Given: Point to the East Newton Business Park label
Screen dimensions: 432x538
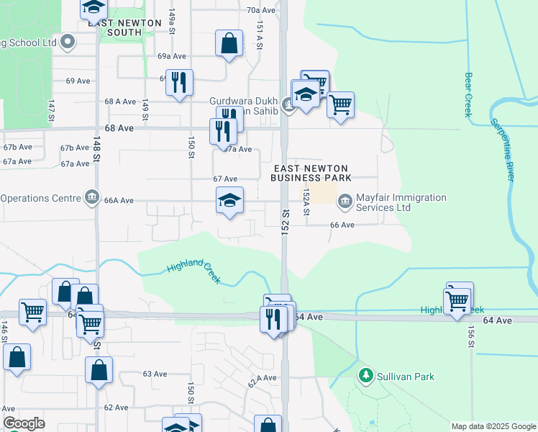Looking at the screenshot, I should [x=311, y=172].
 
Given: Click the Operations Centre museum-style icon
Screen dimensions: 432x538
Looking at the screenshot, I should [x=92, y=197].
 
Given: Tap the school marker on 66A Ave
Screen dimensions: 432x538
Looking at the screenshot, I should [x=229, y=201].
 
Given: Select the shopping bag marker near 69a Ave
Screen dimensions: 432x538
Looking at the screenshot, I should [x=229, y=44].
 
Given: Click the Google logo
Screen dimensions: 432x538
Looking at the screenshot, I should [x=24, y=423].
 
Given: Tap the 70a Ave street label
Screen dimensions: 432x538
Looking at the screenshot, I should [x=261, y=10].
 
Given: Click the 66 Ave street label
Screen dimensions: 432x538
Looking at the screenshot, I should [x=342, y=225].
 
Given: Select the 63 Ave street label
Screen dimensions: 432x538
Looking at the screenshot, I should [x=155, y=374].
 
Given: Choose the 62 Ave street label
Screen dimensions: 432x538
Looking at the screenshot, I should [x=116, y=408].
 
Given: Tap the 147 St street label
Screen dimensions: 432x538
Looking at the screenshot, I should [x=52, y=111].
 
